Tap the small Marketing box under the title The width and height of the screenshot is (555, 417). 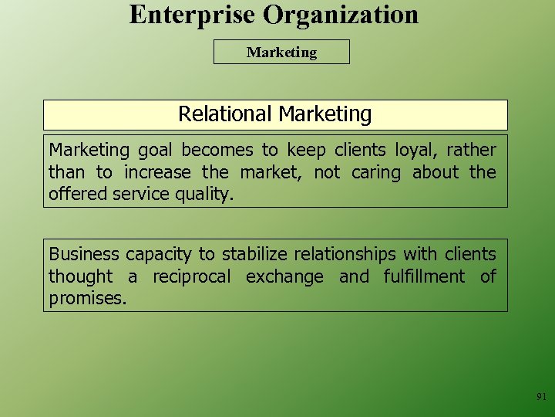(x=281, y=53)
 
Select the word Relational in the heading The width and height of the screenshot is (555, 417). (x=225, y=114)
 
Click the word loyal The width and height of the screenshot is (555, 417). (x=419, y=151)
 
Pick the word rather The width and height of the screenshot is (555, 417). (x=471, y=151)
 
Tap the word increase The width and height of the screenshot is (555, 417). (x=158, y=173)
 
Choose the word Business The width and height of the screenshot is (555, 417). (x=84, y=254)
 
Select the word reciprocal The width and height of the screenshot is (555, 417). (x=191, y=276)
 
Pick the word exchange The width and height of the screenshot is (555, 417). (x=284, y=276)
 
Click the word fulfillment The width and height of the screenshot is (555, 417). (x=424, y=276)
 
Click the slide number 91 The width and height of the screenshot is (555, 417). (x=541, y=397)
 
